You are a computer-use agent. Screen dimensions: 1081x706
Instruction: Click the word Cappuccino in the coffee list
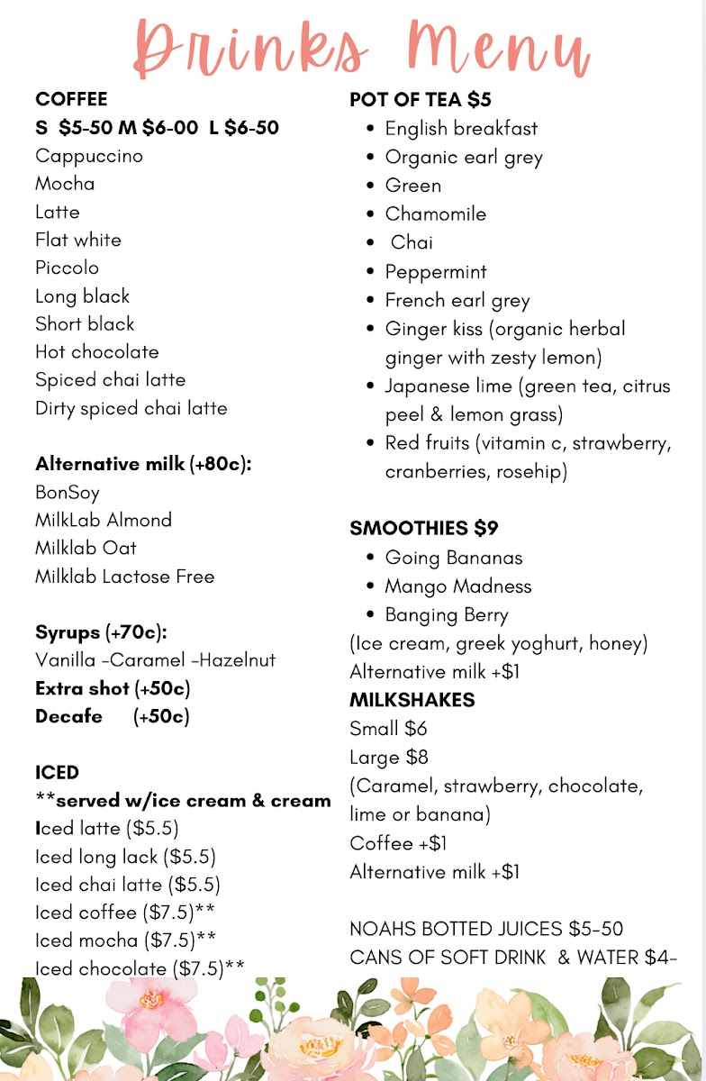(89, 156)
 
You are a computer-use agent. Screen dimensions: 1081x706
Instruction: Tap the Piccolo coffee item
(68, 268)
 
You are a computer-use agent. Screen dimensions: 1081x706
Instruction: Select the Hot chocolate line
(97, 351)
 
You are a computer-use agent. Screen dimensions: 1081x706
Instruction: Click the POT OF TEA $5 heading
(421, 100)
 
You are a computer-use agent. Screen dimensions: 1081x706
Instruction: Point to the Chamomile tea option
(436, 214)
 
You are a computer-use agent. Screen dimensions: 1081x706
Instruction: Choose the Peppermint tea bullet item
(436, 272)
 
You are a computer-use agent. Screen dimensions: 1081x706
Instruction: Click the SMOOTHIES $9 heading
(424, 528)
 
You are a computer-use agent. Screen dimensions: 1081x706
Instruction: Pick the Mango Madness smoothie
(458, 586)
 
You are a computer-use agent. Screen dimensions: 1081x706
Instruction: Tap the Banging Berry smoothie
(447, 615)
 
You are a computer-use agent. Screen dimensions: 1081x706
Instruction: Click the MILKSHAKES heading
(412, 700)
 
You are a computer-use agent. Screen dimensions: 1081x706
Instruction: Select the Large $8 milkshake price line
(389, 758)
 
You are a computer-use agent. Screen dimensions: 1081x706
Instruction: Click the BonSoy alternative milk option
(68, 493)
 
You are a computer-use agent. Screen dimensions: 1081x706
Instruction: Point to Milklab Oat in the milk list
(86, 548)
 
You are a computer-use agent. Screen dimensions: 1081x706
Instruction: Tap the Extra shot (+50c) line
(113, 689)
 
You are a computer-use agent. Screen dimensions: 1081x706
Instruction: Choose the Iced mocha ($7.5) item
(125, 940)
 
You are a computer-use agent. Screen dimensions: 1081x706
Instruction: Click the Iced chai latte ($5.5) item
(127, 885)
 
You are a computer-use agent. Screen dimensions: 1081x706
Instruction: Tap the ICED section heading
(58, 773)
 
